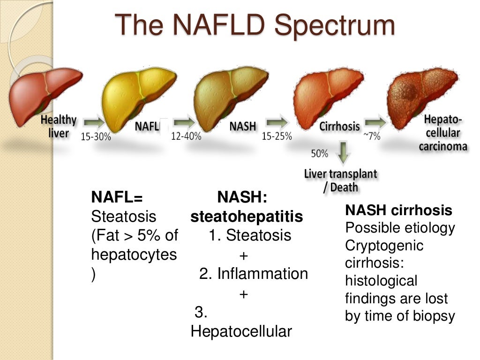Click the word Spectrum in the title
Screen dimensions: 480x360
[334, 25]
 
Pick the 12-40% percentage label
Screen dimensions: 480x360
[186, 136]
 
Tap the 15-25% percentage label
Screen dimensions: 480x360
[277, 136]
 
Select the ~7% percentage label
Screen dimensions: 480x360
[371, 136]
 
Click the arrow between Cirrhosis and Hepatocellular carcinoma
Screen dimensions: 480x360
[375, 123]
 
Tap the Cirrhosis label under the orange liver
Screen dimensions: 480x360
[340, 126]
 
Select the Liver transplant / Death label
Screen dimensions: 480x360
[341, 180]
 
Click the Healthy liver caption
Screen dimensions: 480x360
[59, 126]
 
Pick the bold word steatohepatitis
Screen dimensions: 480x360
[247, 217]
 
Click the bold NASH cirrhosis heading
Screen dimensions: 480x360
[398, 210]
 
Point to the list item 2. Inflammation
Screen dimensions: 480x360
[254, 274]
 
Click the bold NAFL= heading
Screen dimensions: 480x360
[117, 197]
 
